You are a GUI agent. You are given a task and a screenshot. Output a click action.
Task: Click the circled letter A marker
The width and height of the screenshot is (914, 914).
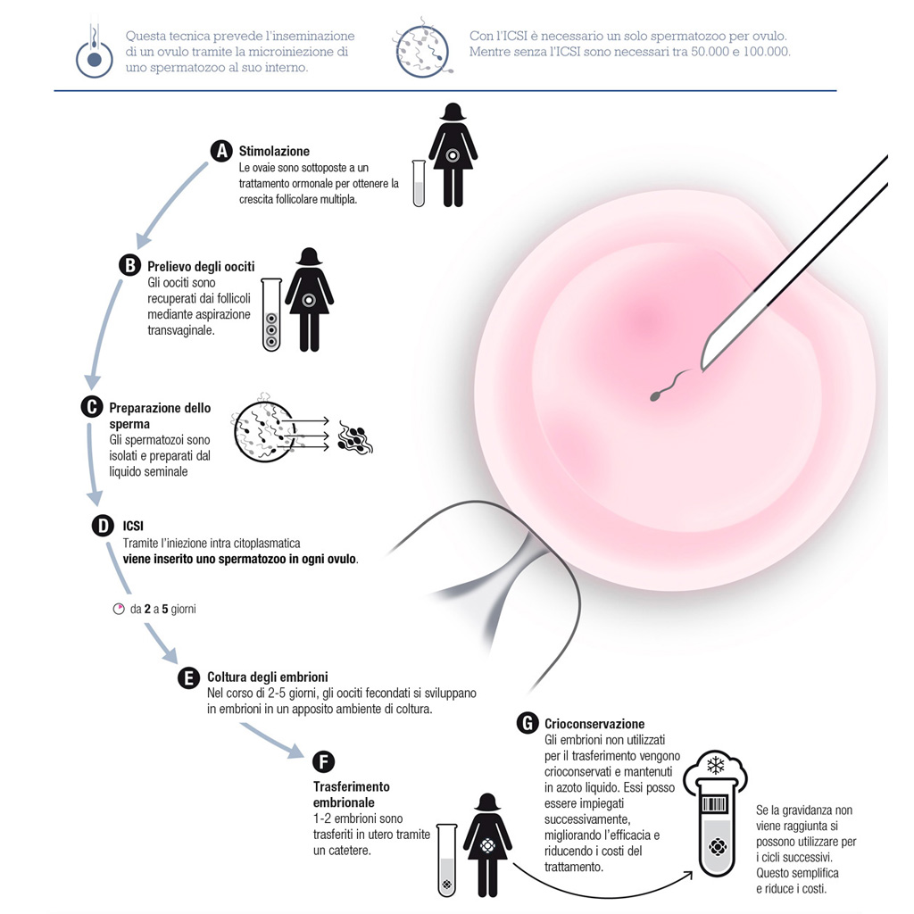pos(221,151)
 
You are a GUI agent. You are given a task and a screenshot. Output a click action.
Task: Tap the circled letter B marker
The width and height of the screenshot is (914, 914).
pos(130,266)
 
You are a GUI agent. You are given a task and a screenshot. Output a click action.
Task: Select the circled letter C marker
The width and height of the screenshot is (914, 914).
pos(92,407)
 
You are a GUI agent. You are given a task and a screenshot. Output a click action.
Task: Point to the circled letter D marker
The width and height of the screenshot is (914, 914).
pos(103,526)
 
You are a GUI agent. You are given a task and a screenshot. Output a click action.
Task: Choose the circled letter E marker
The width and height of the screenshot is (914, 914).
pos(188,678)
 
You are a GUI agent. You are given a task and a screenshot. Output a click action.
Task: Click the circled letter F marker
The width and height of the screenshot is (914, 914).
pos(323,762)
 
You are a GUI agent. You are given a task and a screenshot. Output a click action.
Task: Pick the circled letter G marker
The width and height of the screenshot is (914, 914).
pos(528,723)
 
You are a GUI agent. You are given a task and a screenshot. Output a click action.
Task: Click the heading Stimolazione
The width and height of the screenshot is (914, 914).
pos(274,152)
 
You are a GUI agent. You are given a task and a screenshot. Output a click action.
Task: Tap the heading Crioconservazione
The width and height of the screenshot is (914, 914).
pos(594,724)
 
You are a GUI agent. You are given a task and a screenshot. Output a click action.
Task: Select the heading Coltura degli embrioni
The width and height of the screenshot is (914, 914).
pos(268,677)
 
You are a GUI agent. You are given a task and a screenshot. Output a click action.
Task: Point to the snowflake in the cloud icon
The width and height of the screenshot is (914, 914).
pos(715,765)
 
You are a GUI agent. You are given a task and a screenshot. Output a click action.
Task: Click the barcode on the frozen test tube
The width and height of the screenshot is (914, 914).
pos(715,805)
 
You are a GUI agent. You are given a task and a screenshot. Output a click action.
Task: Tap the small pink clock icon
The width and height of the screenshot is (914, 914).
pos(119,609)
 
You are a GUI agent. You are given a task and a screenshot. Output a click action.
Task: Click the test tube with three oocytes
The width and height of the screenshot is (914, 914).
pos(271,315)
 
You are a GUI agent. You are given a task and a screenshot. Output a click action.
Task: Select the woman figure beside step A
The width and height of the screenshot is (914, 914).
pos(453,154)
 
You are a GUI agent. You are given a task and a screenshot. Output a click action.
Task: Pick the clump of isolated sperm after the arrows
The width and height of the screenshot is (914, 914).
pos(355,440)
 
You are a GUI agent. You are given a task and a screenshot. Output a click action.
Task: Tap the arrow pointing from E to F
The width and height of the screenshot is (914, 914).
pos(273,740)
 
